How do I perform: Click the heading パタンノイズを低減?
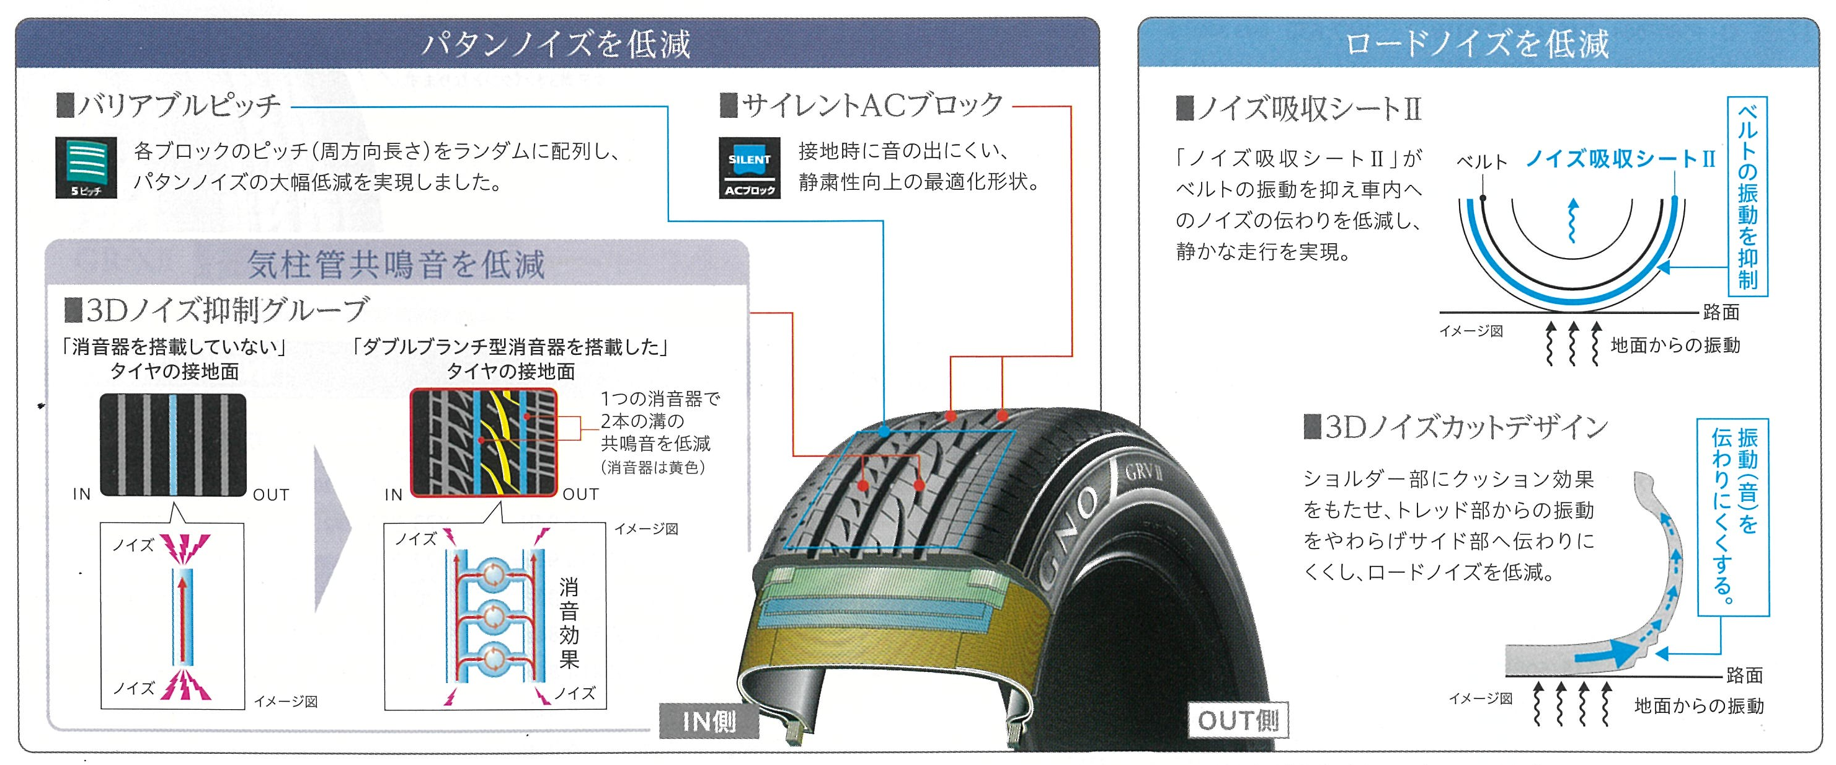tap(556, 44)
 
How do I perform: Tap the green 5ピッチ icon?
tap(86, 168)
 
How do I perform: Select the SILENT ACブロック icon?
tap(749, 168)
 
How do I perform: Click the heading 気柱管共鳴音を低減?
tap(396, 264)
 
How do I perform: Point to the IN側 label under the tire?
tap(709, 722)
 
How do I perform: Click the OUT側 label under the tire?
tap(1238, 720)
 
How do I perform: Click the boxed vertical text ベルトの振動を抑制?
tap(1747, 197)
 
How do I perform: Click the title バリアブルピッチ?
tap(178, 106)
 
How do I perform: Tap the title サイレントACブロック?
tap(871, 106)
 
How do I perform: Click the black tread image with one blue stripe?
tap(172, 444)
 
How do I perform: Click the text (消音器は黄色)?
tap(653, 468)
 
